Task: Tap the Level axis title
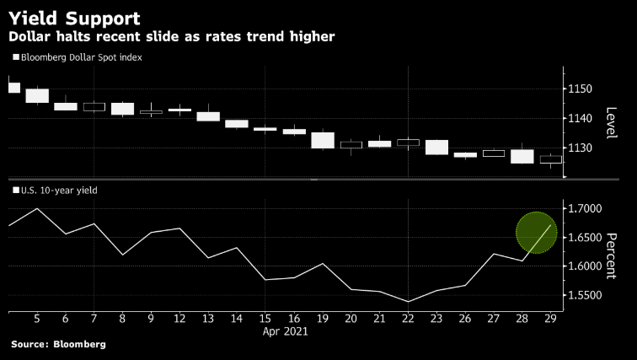(x=613, y=123)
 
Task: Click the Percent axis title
(x=613, y=255)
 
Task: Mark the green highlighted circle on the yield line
(x=536, y=233)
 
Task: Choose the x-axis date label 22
(x=408, y=319)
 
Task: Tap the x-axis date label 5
(x=37, y=319)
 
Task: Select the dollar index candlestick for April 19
(x=323, y=140)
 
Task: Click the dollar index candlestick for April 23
(x=436, y=148)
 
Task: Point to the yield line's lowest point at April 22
(x=408, y=301)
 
